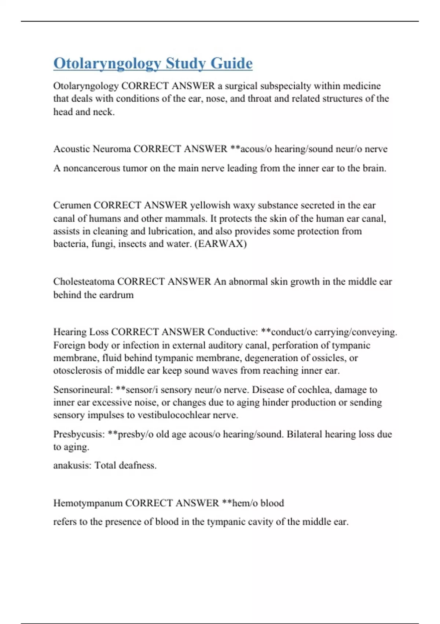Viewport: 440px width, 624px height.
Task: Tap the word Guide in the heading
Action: point(231,63)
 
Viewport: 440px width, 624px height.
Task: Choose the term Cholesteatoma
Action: point(84,282)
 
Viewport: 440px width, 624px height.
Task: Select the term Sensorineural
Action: point(83,390)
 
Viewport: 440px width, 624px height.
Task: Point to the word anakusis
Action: point(72,465)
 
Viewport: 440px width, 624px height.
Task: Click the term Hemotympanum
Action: point(88,503)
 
